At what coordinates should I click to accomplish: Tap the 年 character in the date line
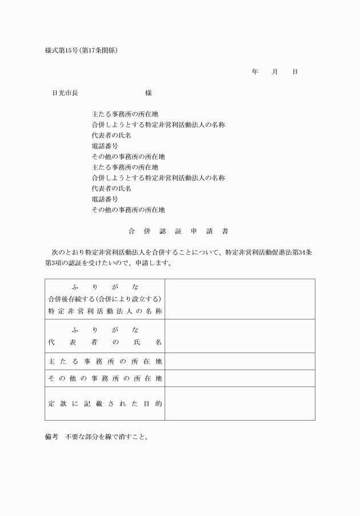coord(255,72)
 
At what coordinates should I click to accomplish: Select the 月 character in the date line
coord(275,72)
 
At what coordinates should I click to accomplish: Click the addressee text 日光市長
coord(65,93)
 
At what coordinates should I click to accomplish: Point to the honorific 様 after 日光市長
coord(148,93)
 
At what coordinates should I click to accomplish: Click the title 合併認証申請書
coord(179,231)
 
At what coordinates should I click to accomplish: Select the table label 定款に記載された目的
coord(105,403)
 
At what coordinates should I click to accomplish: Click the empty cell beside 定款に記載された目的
coord(239,403)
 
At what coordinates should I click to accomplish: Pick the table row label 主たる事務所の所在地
coord(105,362)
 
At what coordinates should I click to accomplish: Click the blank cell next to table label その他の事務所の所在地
coord(239,378)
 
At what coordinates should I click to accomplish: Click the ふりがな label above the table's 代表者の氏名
coord(105,330)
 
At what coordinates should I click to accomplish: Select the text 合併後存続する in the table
coord(71,299)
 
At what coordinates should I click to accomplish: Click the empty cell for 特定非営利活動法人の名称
coord(239,299)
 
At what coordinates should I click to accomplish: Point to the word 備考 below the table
coord(51,437)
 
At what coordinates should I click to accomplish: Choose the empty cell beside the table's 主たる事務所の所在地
coord(239,362)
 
